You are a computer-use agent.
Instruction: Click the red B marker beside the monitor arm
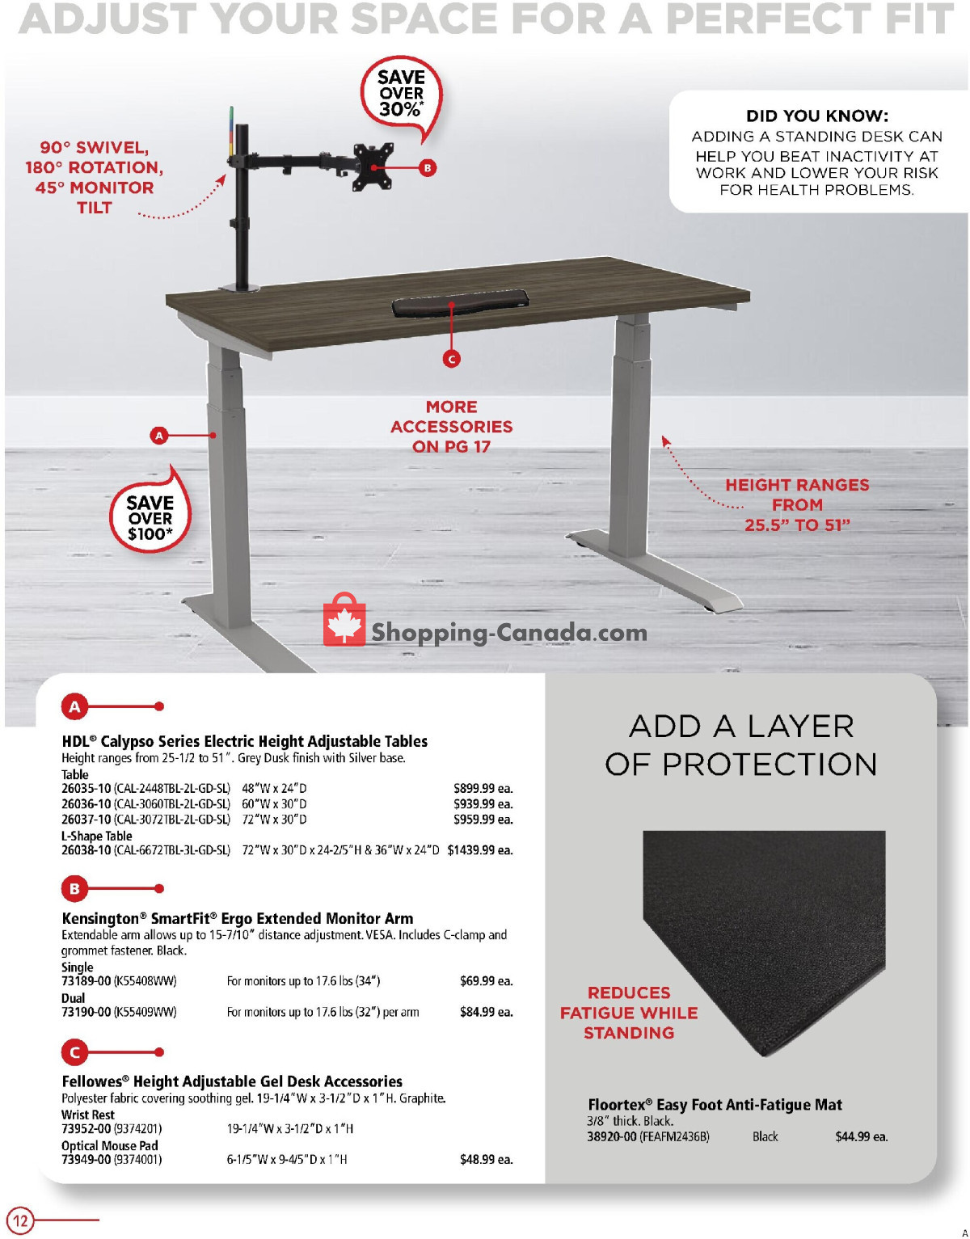(428, 168)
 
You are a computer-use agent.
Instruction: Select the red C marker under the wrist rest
(452, 358)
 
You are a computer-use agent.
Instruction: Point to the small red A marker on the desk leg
(159, 436)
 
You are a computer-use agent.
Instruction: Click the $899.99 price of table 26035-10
(483, 788)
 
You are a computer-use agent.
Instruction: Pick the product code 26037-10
(86, 820)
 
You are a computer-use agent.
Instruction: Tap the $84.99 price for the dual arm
(486, 1012)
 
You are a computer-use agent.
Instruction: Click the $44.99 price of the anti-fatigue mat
(861, 1136)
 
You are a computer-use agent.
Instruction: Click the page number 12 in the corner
(20, 1220)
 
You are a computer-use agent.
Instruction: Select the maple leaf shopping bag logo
(344, 621)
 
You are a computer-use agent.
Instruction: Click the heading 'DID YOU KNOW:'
(816, 116)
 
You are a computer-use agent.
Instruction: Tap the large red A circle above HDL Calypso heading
(74, 707)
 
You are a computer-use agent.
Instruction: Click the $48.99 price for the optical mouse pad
(486, 1160)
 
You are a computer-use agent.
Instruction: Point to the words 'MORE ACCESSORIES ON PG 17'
(452, 427)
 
